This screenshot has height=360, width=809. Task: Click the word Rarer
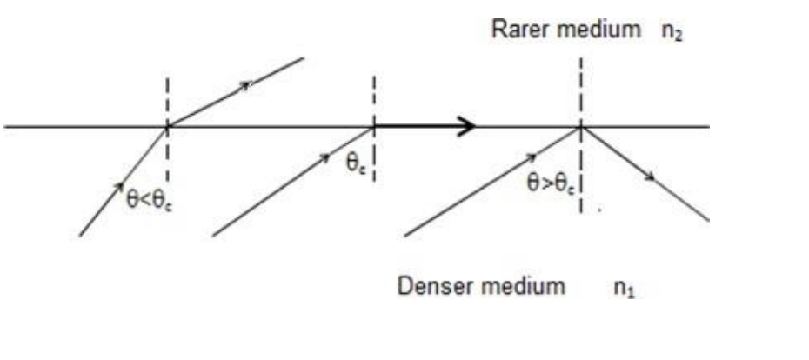click(x=518, y=30)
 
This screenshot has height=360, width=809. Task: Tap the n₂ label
click(x=672, y=30)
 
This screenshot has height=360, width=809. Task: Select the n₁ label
click(x=625, y=288)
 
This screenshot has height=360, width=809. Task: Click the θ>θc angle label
click(x=550, y=183)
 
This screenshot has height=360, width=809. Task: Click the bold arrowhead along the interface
click(x=467, y=127)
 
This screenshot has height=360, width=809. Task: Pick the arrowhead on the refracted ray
click(x=246, y=84)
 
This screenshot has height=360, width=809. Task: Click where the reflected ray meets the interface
click(x=581, y=127)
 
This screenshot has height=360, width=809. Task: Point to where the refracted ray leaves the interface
click(x=168, y=127)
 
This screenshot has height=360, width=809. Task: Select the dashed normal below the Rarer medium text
click(x=580, y=87)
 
